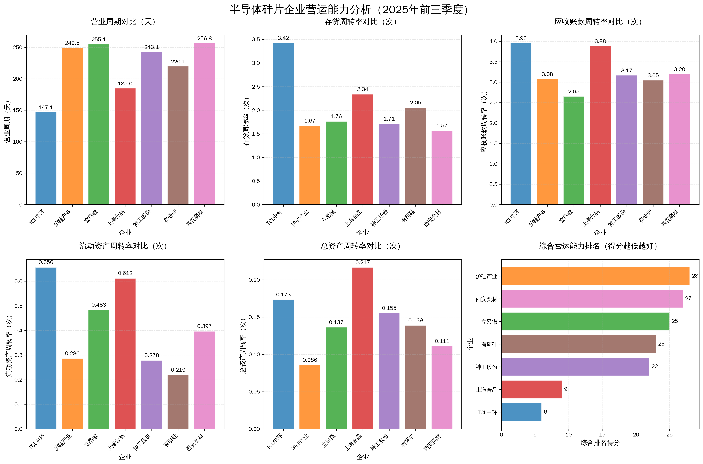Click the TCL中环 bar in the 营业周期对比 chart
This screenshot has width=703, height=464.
click(46, 158)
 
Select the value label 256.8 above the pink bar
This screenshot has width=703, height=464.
click(204, 39)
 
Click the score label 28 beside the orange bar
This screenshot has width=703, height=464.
click(695, 276)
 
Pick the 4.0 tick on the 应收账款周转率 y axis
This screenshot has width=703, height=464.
click(493, 41)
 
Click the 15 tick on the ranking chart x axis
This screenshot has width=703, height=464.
click(602, 435)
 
